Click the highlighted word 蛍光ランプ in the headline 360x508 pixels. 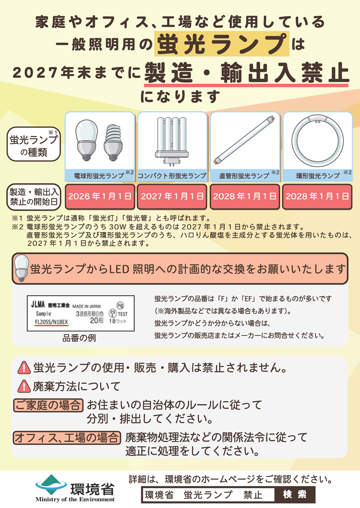222,44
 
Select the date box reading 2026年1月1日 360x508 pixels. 100,197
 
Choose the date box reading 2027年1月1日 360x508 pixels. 172,197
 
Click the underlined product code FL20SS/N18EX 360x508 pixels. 51,322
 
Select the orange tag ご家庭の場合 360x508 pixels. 48,405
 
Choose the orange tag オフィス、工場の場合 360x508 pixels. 67,437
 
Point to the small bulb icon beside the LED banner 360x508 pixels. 21,268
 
